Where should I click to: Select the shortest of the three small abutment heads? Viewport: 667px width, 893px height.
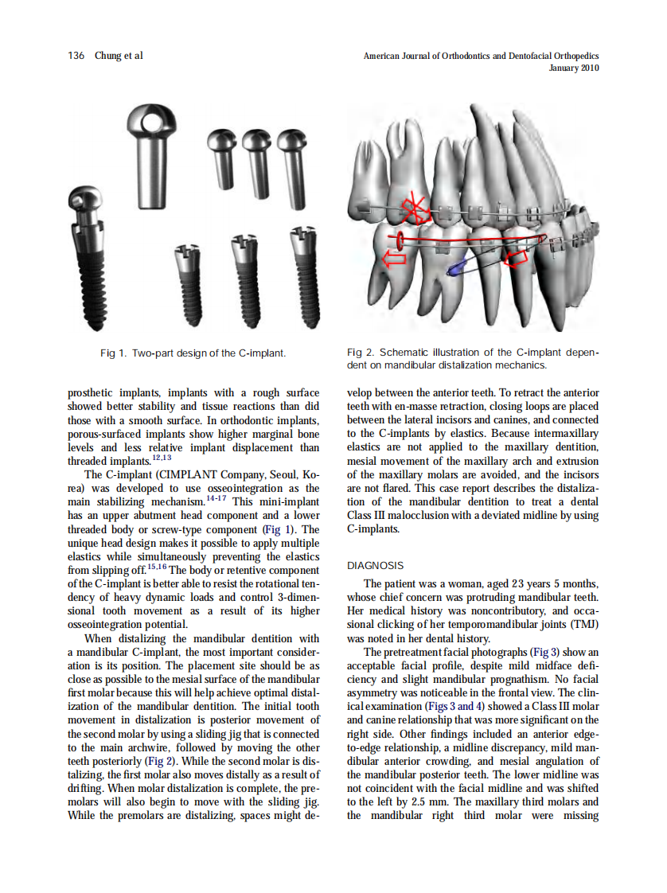219,155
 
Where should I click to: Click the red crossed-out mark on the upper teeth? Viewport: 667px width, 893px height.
414,209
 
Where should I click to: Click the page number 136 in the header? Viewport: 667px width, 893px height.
76,56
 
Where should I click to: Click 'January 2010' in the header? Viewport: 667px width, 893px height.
574,68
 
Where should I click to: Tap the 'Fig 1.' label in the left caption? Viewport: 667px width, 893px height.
113,353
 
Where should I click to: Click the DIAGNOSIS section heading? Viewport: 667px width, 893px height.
376,566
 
